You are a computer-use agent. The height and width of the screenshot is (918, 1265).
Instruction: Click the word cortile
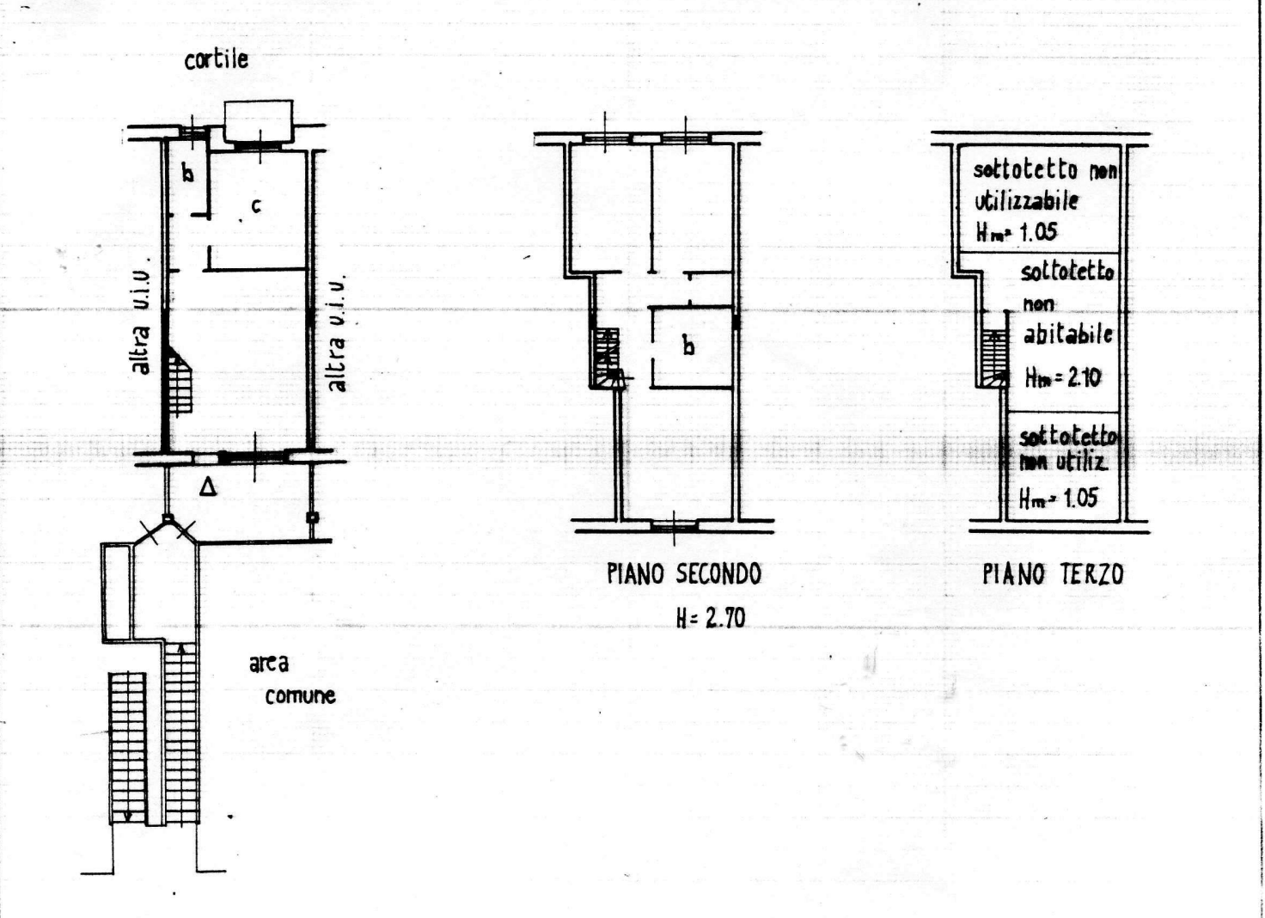tap(217, 59)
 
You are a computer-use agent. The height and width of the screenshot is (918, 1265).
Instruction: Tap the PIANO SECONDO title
tap(684, 574)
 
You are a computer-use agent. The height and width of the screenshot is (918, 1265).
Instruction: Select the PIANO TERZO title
tap(1054, 574)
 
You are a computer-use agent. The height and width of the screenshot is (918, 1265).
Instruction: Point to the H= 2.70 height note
tap(711, 617)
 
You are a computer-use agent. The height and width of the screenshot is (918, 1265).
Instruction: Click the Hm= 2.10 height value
tap(1063, 378)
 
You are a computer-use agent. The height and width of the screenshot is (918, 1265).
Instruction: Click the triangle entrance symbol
tap(208, 487)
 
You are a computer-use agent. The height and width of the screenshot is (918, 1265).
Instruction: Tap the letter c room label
tap(256, 206)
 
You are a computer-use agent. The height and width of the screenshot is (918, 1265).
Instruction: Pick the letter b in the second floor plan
tap(688, 346)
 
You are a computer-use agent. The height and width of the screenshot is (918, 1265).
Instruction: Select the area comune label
tap(292, 680)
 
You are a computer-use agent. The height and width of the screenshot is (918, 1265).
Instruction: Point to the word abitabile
tap(1068, 334)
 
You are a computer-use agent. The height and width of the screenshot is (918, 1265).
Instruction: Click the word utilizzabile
tap(1026, 200)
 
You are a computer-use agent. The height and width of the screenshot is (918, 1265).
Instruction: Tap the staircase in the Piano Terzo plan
tap(994, 358)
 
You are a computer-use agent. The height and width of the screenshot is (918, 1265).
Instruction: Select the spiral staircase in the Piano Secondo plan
tap(607, 358)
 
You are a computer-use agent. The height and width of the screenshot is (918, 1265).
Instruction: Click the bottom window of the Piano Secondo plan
tap(674, 527)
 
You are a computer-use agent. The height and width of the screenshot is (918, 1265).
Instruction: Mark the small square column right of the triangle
tap(311, 517)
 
